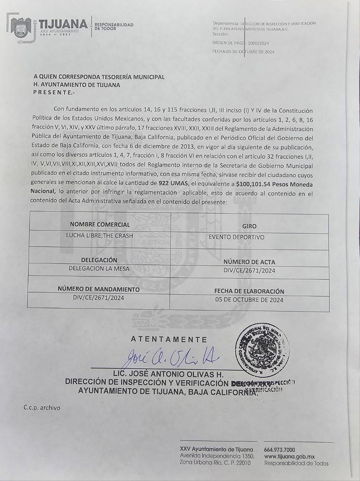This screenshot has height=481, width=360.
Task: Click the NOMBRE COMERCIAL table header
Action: (100, 225)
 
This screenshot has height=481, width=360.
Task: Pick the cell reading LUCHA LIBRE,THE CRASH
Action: (99, 236)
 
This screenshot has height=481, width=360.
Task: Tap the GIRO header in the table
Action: (250, 226)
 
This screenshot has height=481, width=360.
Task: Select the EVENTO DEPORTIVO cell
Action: (236, 237)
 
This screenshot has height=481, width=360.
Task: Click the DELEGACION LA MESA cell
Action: (99, 269)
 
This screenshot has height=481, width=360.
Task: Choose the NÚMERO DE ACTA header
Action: (249, 262)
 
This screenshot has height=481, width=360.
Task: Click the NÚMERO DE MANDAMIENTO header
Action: (98, 289)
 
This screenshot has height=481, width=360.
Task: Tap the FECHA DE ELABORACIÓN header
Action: (249, 291)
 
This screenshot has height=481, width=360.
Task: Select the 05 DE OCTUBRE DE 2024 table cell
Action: (249, 300)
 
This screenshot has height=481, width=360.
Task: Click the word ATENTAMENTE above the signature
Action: (169, 339)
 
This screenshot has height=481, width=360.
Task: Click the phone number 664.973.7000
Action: (280, 450)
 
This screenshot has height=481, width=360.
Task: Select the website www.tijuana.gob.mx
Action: (289, 457)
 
